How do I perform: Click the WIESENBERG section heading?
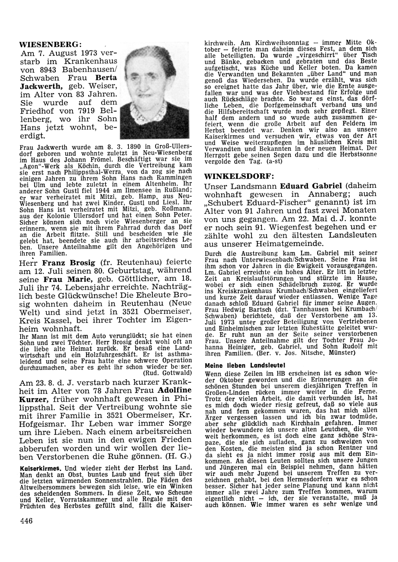tap(51, 44)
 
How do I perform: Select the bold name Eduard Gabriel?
tap(311, 185)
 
